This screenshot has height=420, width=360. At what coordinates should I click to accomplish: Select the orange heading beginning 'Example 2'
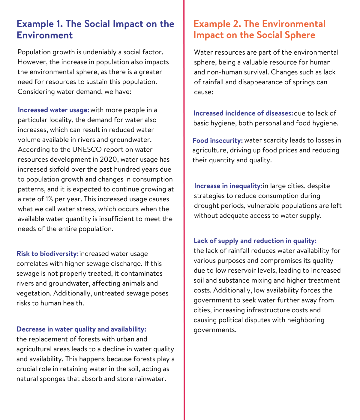(x=259, y=29)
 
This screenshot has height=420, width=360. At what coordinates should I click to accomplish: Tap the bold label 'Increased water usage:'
(x=53, y=110)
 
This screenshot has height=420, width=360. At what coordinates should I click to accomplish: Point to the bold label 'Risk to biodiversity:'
(x=47, y=254)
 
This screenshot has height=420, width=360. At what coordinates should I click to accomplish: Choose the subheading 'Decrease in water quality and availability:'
(x=81, y=329)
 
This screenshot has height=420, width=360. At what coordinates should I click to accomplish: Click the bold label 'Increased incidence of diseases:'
(x=243, y=113)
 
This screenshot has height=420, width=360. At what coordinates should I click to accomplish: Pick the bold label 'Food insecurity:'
(x=217, y=140)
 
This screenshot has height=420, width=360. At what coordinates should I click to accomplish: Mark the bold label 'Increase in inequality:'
(x=228, y=186)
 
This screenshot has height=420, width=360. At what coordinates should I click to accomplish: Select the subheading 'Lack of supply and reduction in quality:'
(x=255, y=241)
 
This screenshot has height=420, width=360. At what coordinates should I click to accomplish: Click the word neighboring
(x=306, y=320)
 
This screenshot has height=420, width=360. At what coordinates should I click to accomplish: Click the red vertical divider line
(x=184, y=210)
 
